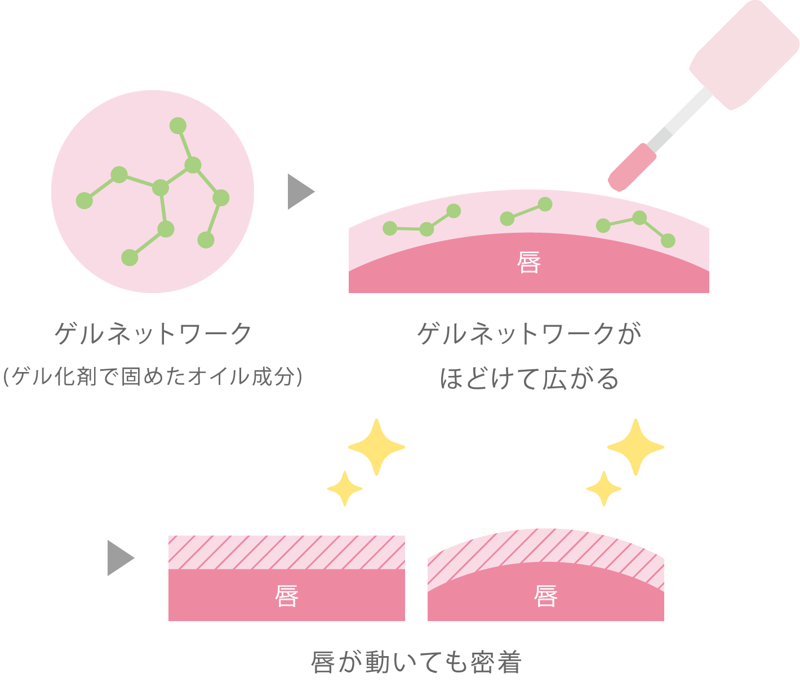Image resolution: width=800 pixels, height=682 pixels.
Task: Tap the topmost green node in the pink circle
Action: [178, 126]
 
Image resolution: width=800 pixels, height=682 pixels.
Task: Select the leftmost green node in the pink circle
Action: [85, 201]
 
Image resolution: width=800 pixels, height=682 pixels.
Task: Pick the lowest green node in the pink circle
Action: [130, 258]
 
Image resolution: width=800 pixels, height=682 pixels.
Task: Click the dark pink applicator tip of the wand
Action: [632, 167]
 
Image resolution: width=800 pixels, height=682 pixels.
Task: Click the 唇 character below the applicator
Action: [528, 262]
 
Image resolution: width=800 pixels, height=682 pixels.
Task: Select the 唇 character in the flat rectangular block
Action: [286, 596]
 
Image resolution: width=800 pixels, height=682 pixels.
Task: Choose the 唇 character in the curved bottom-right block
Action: [546, 596]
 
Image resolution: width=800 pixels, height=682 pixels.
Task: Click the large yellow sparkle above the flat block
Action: [376, 447]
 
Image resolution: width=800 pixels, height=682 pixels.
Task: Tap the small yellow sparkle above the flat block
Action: [345, 489]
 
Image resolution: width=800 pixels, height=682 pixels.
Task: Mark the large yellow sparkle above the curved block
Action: [636, 447]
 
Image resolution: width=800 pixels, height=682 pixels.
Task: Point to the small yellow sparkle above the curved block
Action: [604, 489]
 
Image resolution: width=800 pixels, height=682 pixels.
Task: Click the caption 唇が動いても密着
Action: [416, 662]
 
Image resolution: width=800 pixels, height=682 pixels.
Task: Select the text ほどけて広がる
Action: [529, 378]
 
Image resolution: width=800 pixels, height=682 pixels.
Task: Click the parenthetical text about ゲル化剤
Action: [153, 376]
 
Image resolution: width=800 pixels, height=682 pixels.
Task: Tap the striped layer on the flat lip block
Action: [286, 552]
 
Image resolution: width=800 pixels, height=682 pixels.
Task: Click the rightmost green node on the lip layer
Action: [668, 241]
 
